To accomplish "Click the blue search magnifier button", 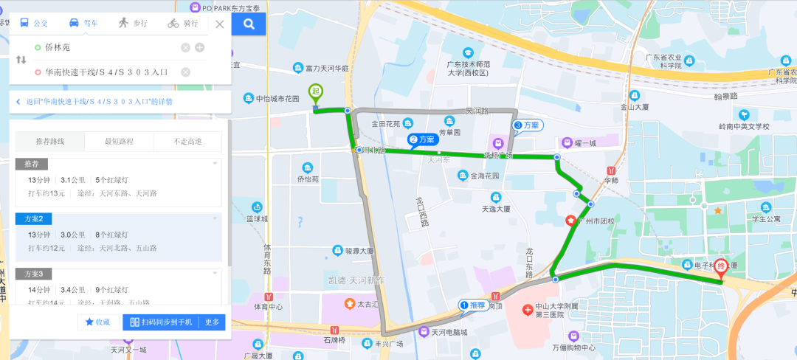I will pyautogui.click(x=249, y=24).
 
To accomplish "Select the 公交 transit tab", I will pyautogui.click(x=34, y=24).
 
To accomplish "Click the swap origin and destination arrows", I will pyautogui.click(x=21, y=60).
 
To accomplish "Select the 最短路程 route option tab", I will pyautogui.click(x=120, y=141).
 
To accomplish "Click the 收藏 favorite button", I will pyautogui.click(x=98, y=322).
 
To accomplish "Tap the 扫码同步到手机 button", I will pyautogui.click(x=161, y=322).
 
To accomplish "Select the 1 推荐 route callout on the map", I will pyautogui.click(x=472, y=305).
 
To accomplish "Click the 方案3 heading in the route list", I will pyautogui.click(x=33, y=274).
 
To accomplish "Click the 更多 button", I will pyautogui.click(x=213, y=322).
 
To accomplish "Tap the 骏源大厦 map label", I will pyautogui.click(x=359, y=251).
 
